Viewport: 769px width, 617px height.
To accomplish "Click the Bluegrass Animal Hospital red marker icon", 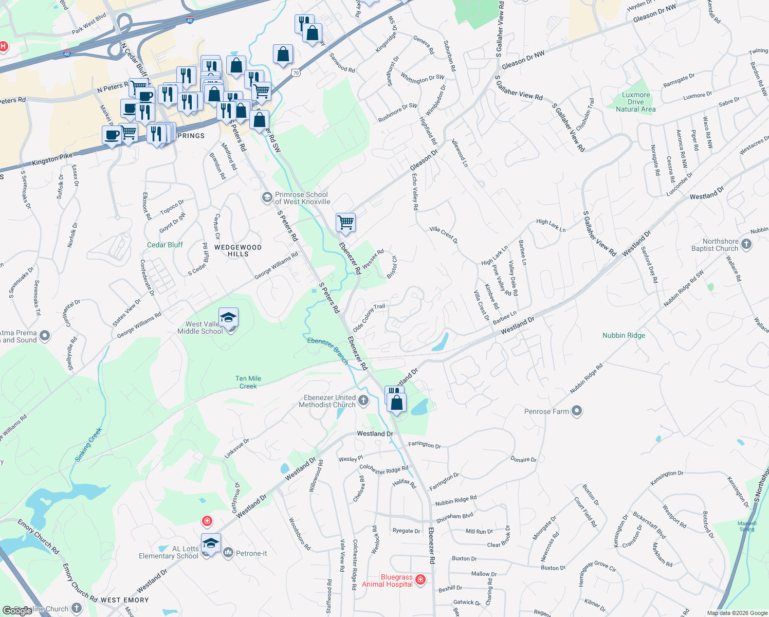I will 420,580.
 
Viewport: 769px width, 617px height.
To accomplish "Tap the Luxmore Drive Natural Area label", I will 636,102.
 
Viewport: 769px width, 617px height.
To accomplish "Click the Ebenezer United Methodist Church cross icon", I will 363,401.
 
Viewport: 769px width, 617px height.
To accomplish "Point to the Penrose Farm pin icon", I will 577,411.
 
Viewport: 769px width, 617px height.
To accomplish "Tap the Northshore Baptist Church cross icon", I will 746,244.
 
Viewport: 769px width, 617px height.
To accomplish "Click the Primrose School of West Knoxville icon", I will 267,197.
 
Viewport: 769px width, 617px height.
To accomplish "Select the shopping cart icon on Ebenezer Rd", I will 345,223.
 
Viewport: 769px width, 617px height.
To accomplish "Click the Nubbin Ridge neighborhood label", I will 624,335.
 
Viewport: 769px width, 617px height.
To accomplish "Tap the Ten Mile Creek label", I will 248,382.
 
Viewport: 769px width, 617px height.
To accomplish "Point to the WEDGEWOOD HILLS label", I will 238,250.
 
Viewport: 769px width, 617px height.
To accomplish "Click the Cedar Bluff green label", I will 165,245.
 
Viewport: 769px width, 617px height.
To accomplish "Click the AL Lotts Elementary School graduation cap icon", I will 210,542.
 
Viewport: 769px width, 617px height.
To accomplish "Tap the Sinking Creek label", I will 88,444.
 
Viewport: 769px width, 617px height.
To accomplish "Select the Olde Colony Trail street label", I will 369,317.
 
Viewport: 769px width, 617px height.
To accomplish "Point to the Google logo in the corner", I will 17,611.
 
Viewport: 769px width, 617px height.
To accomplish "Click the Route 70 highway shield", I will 295,72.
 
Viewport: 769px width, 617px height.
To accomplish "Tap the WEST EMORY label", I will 125,600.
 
